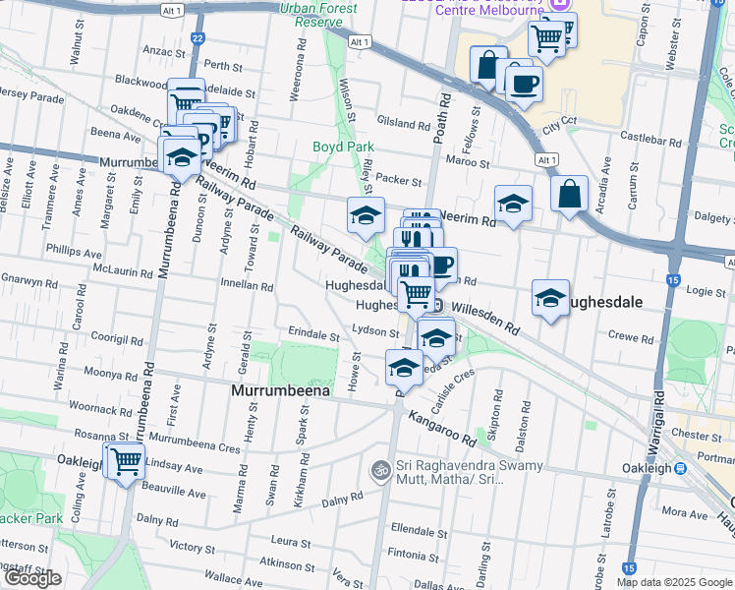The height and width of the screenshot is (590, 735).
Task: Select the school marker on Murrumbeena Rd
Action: click(182, 155)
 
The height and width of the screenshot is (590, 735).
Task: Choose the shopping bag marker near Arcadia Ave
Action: click(570, 194)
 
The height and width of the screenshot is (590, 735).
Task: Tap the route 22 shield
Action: click(198, 38)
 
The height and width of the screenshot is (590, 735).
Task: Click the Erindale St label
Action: click(313, 335)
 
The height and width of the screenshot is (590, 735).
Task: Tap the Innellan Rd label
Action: click(246, 286)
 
